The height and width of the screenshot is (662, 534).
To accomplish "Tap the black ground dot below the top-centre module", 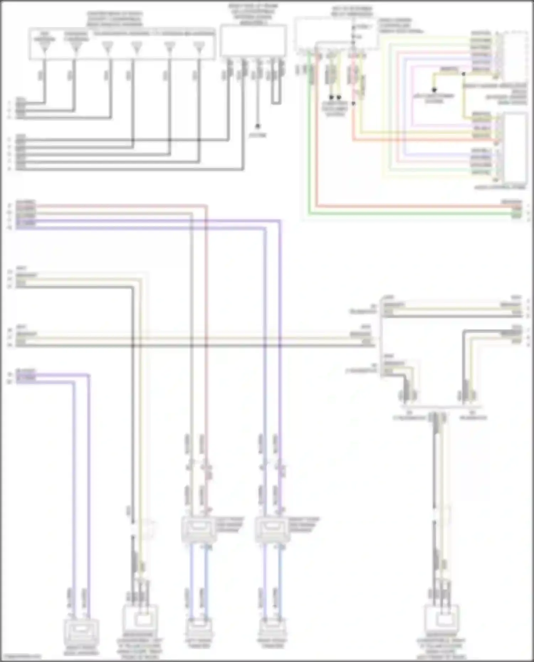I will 257,126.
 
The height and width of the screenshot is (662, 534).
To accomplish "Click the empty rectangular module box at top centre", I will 253,40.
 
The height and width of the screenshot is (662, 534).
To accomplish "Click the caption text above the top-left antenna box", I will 115,19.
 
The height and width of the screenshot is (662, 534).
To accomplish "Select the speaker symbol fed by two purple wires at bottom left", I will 82,632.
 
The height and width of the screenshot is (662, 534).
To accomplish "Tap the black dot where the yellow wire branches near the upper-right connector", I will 464,74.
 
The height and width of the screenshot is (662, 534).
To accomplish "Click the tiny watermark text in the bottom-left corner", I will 20,656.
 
